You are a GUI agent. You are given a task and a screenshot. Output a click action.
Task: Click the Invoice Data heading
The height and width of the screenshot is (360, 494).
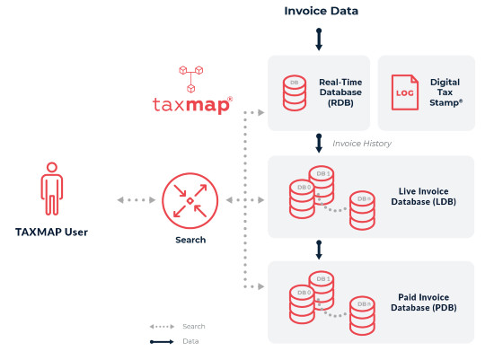coord(321,12)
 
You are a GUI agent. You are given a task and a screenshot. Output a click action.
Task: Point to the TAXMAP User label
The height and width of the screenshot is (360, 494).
coord(51,233)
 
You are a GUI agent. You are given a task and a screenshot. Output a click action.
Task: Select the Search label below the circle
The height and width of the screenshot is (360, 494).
coord(190,240)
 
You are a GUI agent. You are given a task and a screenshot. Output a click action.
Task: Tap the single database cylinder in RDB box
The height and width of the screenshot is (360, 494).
coord(293,93)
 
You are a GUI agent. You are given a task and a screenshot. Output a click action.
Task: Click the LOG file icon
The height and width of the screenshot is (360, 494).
coord(404,92)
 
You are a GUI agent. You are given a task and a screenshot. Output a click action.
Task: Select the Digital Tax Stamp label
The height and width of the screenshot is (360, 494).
coord(445,92)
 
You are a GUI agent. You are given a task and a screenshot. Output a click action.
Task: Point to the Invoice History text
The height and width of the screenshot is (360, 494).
coord(361,144)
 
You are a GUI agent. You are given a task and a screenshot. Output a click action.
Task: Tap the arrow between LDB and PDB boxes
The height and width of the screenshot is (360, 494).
coord(318,248)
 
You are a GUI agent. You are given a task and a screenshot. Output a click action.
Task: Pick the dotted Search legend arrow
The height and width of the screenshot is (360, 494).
coord(162,327)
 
